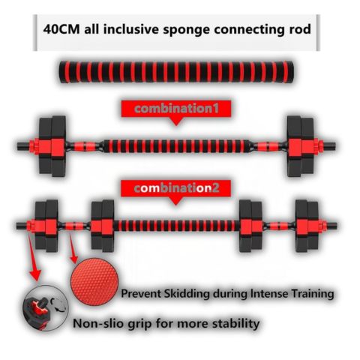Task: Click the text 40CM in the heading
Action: point(61,29)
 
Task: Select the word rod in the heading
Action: point(301,29)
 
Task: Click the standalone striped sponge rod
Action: point(176,72)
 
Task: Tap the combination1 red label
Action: point(176,109)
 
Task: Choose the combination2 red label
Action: point(176,188)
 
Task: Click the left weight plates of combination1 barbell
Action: point(52,146)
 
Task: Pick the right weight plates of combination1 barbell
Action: point(301,146)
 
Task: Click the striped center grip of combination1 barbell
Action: point(177,146)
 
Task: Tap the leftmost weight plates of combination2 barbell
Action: point(46,226)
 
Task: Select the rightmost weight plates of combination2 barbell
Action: point(307,226)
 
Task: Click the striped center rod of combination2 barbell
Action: point(176,226)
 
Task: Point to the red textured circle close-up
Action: point(94,282)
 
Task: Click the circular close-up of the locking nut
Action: point(46,308)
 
